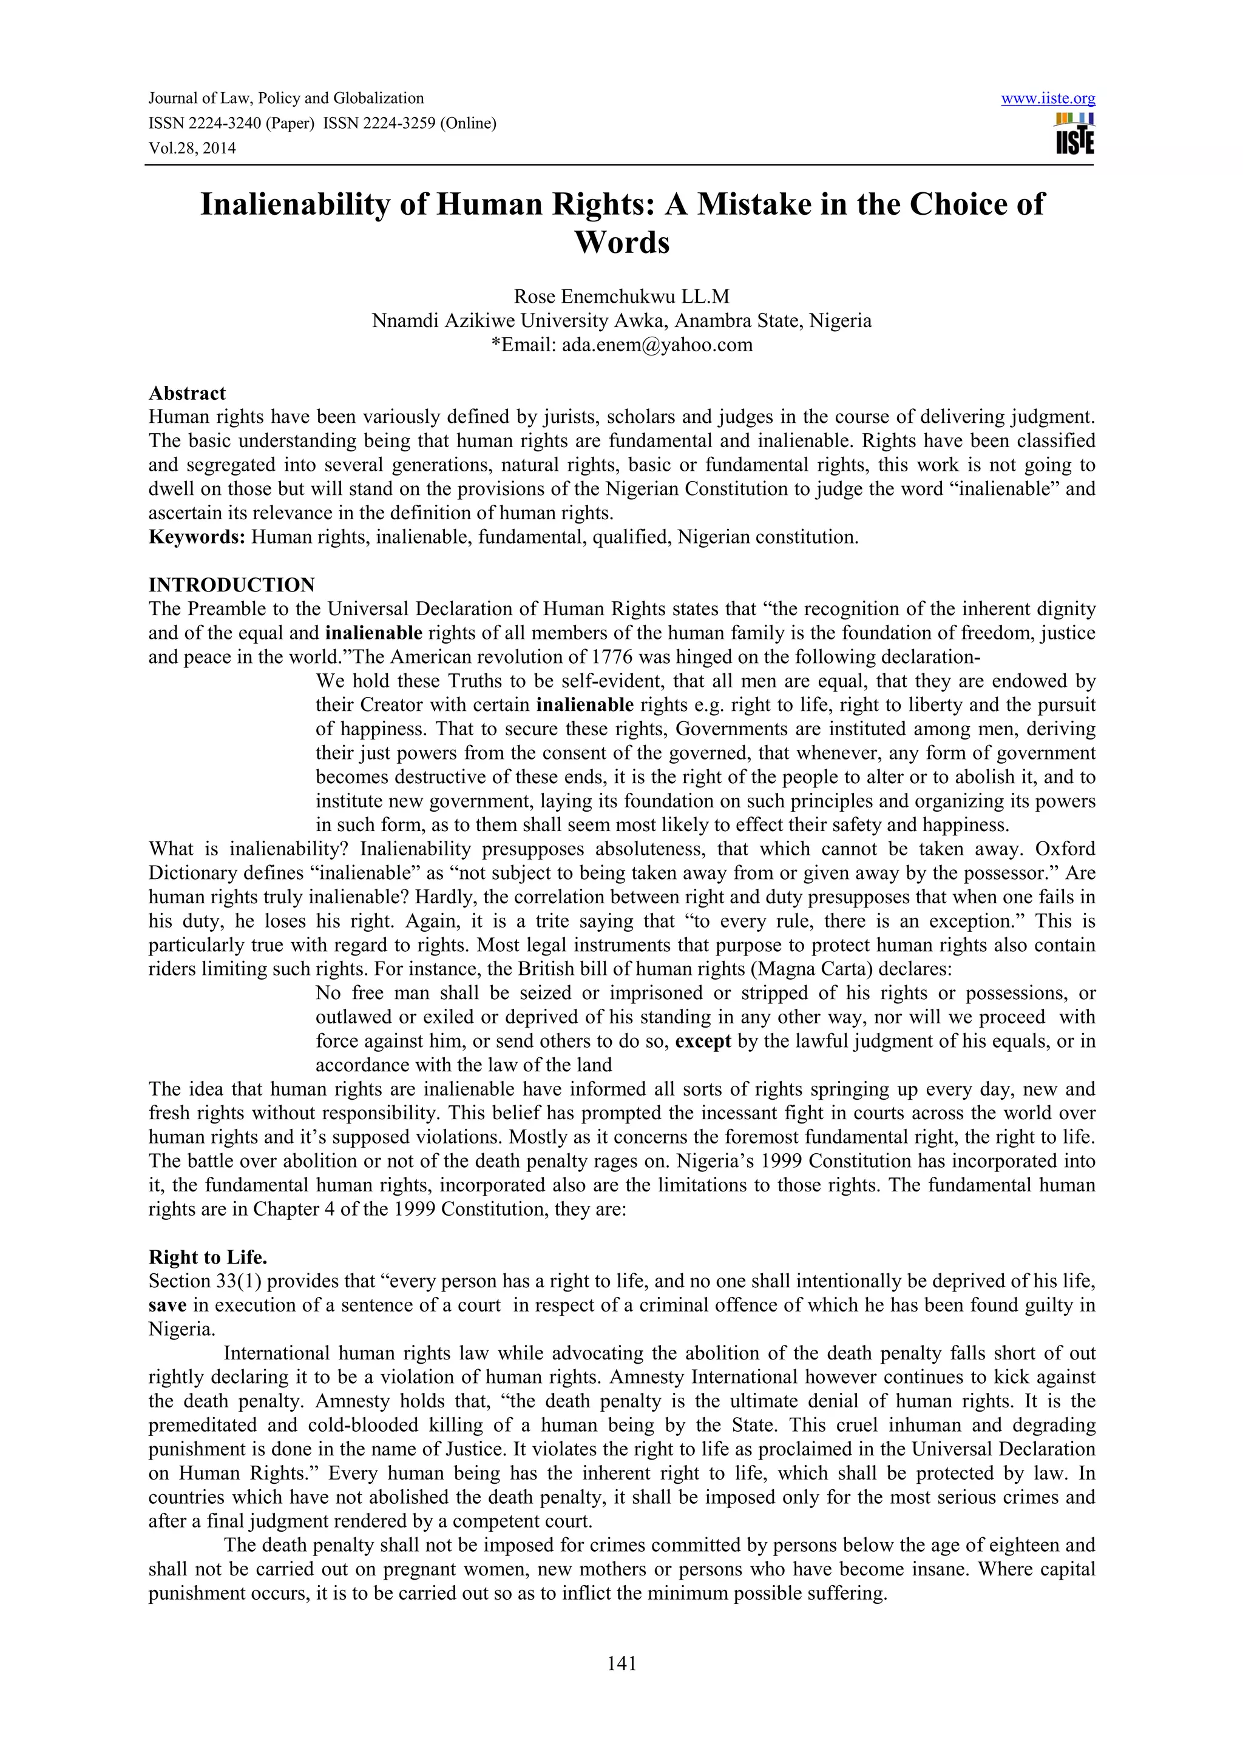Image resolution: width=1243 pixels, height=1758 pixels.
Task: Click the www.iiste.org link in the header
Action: (x=1048, y=99)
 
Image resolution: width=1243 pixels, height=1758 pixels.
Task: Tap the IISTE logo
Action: (x=1074, y=135)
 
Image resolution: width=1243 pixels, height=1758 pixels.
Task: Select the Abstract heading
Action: (x=187, y=394)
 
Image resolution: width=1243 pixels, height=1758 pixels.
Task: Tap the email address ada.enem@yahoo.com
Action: (x=657, y=345)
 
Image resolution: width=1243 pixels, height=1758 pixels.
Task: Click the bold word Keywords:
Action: (x=197, y=537)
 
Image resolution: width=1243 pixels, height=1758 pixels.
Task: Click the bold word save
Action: (x=167, y=1305)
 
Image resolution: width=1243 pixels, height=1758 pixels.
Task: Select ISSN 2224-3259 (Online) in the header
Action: (x=410, y=123)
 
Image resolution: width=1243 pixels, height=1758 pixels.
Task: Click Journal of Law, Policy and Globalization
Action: (x=286, y=99)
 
